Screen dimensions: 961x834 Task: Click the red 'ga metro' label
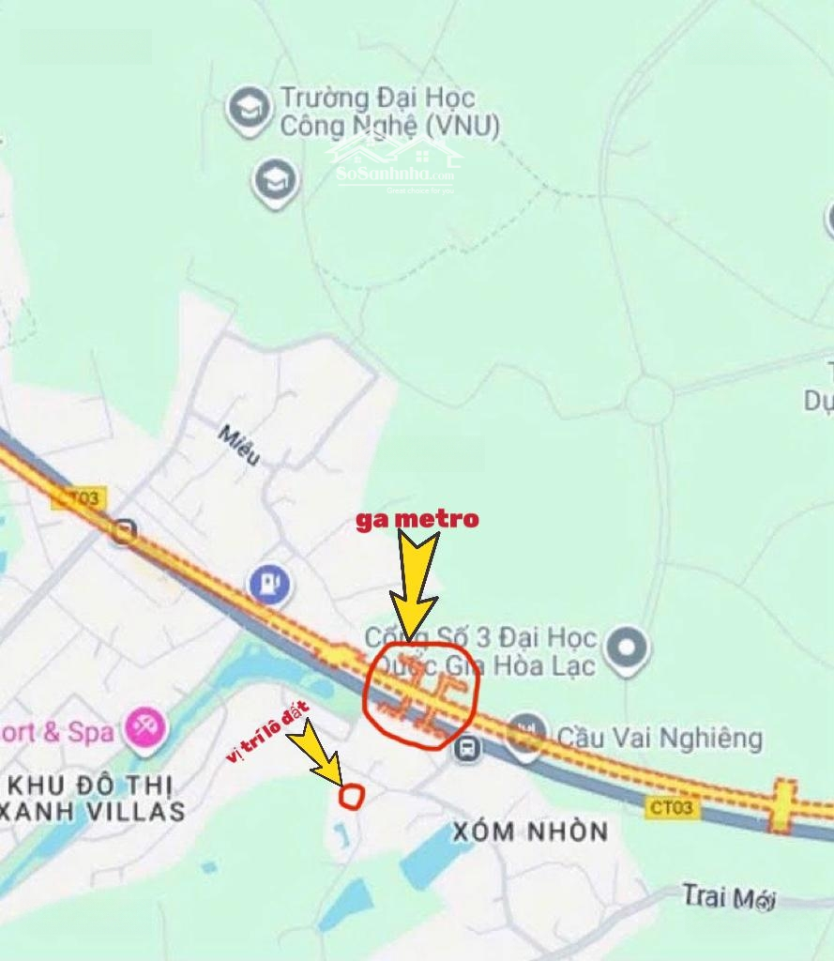pos(417,519)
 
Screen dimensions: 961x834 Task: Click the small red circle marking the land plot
pos(351,796)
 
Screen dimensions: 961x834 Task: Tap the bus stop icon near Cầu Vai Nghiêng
pos(466,748)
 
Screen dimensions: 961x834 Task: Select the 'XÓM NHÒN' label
pos(530,831)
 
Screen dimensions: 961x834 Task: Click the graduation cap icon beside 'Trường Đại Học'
pos(250,109)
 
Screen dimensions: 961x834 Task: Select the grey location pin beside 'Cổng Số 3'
pos(626,648)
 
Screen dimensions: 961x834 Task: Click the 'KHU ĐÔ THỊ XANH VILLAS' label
pos(94,797)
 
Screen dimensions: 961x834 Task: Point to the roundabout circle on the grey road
pos(649,401)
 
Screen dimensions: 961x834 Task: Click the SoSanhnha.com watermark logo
pos(395,165)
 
